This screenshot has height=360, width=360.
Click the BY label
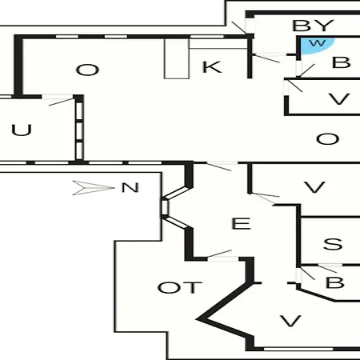313,26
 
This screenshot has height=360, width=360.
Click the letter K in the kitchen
212,67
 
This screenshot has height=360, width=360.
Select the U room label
22,130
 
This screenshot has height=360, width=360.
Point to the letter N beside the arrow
130,187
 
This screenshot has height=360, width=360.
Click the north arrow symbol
94,188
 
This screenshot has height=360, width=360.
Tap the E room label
241,223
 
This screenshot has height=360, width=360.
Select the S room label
333,244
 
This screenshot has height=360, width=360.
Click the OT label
180,288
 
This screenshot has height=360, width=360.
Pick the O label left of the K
87,70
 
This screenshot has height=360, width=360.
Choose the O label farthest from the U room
327,139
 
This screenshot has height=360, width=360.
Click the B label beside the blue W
341,62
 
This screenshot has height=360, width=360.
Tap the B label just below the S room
334,282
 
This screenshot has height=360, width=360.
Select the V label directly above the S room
314,187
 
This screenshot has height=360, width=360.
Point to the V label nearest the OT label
290,321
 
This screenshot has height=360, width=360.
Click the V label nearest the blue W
339,99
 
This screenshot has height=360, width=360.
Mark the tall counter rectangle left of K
177,58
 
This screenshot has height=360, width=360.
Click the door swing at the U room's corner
62,102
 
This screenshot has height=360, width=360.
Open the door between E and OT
219,254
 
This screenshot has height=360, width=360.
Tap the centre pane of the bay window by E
165,207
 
